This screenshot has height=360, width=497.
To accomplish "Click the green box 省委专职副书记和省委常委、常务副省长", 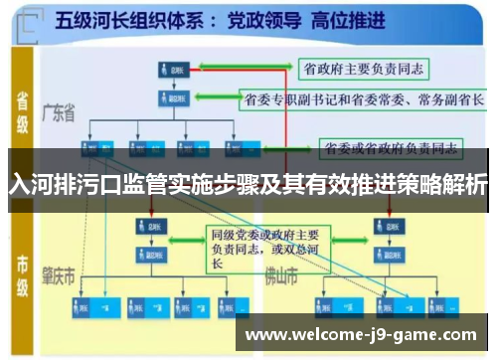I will (364, 99).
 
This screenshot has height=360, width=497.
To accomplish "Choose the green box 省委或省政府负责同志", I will (389, 149).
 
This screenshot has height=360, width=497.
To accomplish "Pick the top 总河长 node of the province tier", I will (170, 69).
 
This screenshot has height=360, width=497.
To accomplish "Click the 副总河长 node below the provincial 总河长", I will (170, 98).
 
